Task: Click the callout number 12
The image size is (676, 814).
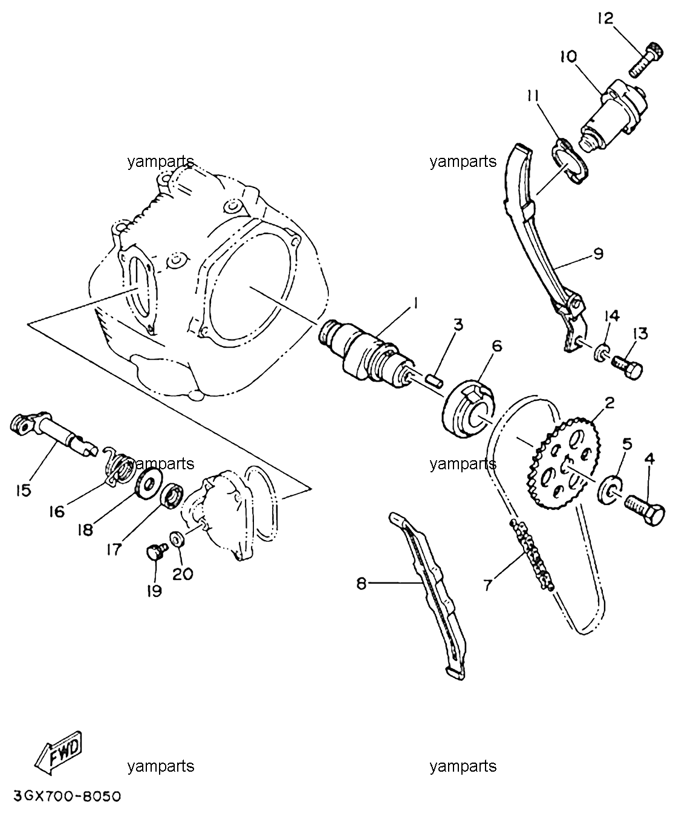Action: click(605, 18)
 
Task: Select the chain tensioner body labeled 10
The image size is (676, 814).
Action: click(614, 115)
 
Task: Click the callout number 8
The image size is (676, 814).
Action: click(362, 583)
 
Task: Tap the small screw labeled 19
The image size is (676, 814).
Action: click(157, 552)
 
